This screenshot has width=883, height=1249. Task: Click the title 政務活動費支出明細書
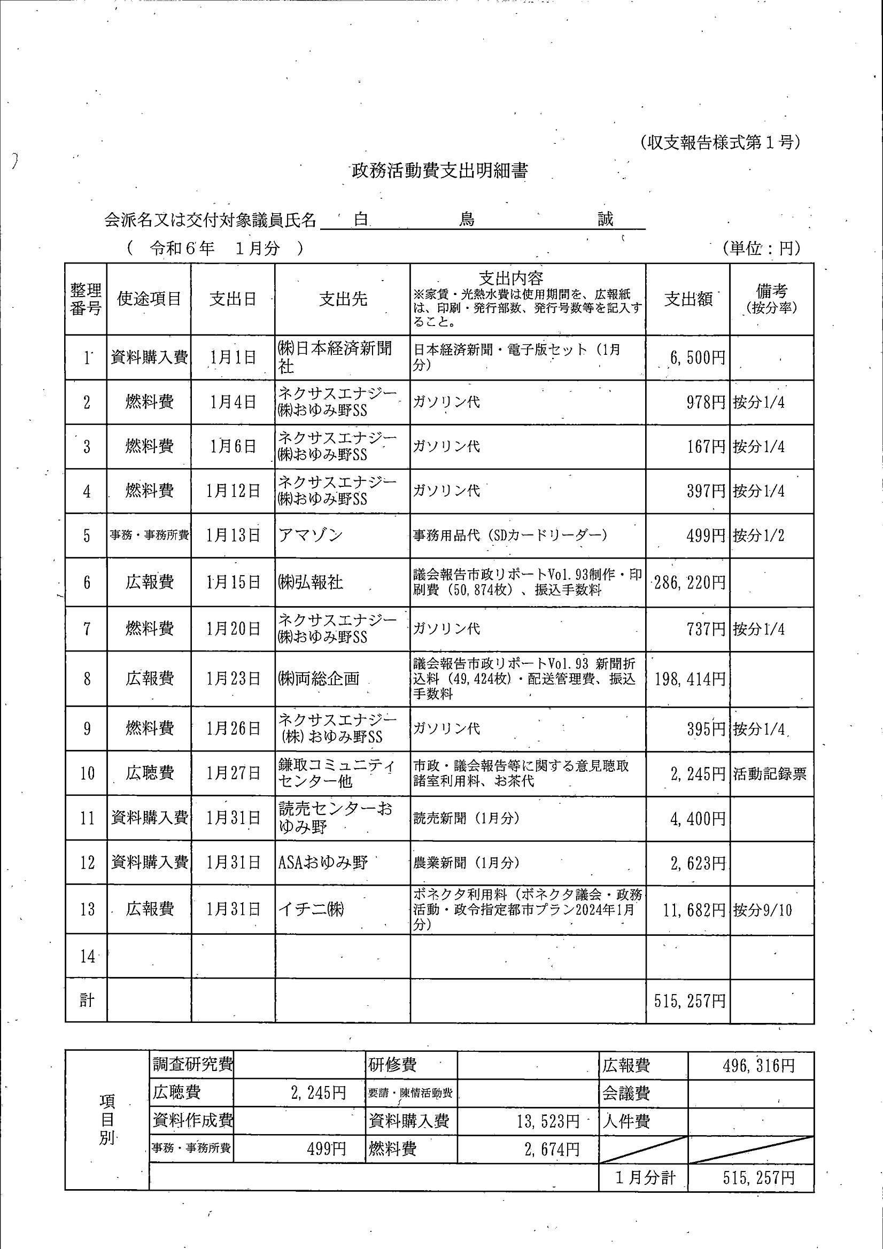pos(439,171)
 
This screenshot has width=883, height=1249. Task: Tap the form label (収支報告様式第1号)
pos(720,143)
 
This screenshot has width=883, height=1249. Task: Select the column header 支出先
pos(343,299)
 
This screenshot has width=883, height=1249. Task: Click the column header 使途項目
pos(149,299)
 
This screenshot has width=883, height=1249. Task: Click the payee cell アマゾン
pos(311,536)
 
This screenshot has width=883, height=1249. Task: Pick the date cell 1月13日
pos(233,536)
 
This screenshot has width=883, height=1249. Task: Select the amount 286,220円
pos(690,583)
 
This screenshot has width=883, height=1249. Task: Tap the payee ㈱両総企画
pos(319,679)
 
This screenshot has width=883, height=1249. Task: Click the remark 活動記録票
pos(769,773)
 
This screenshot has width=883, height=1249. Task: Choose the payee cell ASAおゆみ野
pos(323,862)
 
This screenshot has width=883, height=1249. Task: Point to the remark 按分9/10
pos(762,910)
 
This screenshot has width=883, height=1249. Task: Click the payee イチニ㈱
pos(311,909)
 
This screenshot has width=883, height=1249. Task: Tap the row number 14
pos(87,956)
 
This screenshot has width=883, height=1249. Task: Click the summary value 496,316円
pos(758,1066)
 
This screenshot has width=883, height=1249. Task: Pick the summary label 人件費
pos(626,1121)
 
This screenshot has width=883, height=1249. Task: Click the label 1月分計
pos(645,1178)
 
